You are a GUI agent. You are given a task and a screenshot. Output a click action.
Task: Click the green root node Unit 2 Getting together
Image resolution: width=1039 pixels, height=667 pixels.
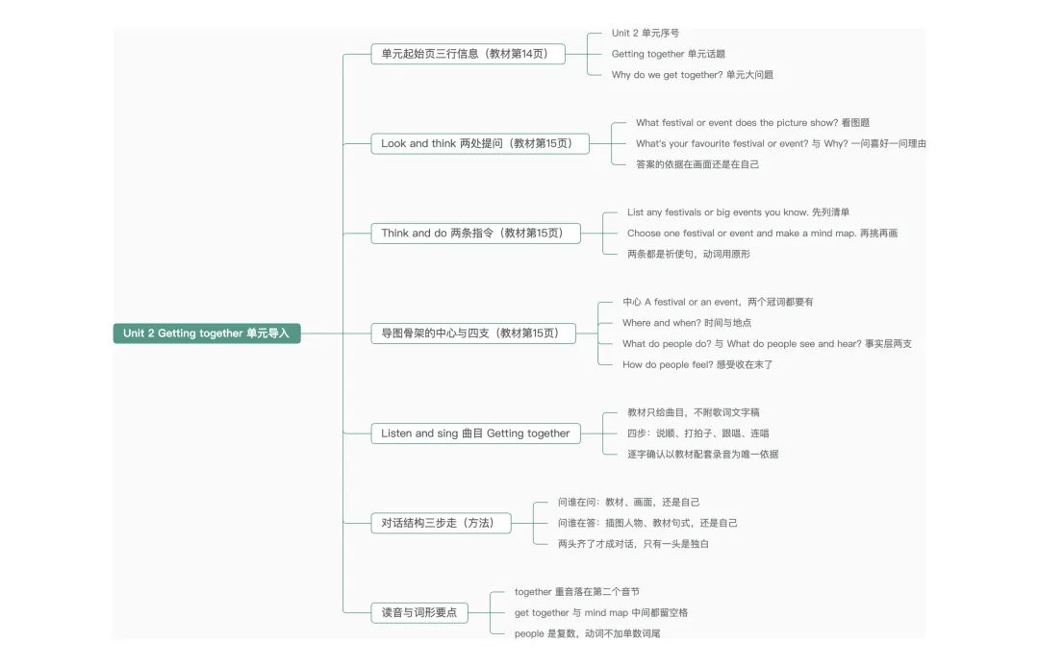207,333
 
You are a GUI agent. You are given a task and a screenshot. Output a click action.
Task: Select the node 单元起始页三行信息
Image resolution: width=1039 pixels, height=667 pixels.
468,54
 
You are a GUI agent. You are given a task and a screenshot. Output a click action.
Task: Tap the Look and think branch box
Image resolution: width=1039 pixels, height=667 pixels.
480,143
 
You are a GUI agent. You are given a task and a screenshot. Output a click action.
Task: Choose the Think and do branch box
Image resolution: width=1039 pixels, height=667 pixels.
476,233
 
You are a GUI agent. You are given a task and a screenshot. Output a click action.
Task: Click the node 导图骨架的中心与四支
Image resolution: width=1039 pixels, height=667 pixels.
473,333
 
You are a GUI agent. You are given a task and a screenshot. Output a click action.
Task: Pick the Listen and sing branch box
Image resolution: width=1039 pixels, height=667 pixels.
476,433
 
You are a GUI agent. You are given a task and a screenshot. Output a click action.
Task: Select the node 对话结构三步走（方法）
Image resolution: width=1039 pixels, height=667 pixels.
441,523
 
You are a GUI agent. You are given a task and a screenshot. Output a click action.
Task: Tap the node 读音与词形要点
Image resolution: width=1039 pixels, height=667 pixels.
419,613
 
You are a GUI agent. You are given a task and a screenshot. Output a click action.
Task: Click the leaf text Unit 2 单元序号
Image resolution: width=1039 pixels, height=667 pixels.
646,33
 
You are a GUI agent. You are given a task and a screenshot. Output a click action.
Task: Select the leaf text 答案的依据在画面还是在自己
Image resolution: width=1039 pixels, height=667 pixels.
697,164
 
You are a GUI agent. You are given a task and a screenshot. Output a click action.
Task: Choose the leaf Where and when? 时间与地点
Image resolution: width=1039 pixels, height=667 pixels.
687,323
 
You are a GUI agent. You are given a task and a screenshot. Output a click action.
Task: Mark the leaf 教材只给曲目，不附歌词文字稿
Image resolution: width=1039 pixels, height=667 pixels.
693,412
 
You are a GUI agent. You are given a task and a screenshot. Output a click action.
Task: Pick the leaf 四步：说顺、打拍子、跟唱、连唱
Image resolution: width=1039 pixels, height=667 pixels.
697,433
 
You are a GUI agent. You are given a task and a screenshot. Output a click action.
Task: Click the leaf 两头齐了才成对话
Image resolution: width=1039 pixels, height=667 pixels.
633,544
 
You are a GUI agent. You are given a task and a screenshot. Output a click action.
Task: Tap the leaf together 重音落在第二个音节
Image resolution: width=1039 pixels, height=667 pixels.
577,592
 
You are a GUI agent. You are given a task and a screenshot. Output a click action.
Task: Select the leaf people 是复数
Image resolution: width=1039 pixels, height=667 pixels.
587,633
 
